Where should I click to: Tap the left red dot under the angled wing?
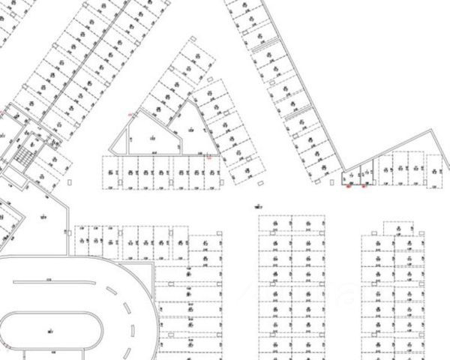point(349,186)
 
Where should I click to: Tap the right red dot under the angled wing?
point(364,186)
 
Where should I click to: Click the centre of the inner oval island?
point(51,328)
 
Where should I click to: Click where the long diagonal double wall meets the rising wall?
point(343,169)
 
